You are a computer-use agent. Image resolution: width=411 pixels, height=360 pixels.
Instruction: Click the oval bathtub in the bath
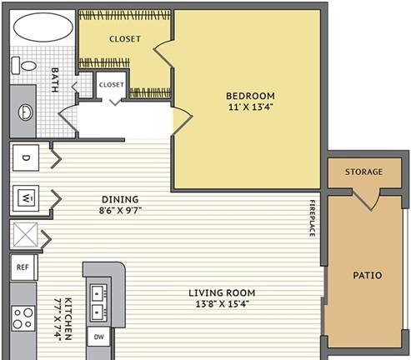[43, 27]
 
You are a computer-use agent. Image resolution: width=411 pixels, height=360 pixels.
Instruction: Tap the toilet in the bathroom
[24, 66]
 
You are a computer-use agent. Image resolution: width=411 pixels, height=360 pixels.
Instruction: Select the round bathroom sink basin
[26, 112]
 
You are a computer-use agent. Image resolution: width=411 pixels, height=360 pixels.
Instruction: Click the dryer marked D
[26, 157]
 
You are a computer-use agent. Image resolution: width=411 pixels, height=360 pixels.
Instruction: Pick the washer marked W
[26, 198]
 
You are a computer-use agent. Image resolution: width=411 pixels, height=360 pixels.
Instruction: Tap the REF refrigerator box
[24, 267]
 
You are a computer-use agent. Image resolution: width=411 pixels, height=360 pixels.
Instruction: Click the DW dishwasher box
[99, 337]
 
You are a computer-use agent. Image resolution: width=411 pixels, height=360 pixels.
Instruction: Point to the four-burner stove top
[23, 318]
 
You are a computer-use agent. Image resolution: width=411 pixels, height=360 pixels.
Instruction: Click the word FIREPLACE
[313, 218]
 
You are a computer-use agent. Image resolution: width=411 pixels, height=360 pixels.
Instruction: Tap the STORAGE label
[363, 172]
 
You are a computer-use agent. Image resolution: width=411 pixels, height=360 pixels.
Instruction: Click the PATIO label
[368, 275]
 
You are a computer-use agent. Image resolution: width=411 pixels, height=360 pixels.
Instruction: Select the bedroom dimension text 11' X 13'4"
[251, 107]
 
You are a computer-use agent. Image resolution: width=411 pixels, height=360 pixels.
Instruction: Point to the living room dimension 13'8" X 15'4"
[222, 304]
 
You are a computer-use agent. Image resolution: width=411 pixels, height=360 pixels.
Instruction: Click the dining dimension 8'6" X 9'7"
[120, 210]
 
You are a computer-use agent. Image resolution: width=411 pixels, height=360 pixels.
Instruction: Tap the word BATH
[55, 80]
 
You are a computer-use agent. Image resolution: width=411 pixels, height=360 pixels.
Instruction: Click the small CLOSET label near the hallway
[112, 84]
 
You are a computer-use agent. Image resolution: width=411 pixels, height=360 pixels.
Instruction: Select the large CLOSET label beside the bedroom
[125, 39]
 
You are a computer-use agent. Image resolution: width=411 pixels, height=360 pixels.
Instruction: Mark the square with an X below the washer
[26, 235]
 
